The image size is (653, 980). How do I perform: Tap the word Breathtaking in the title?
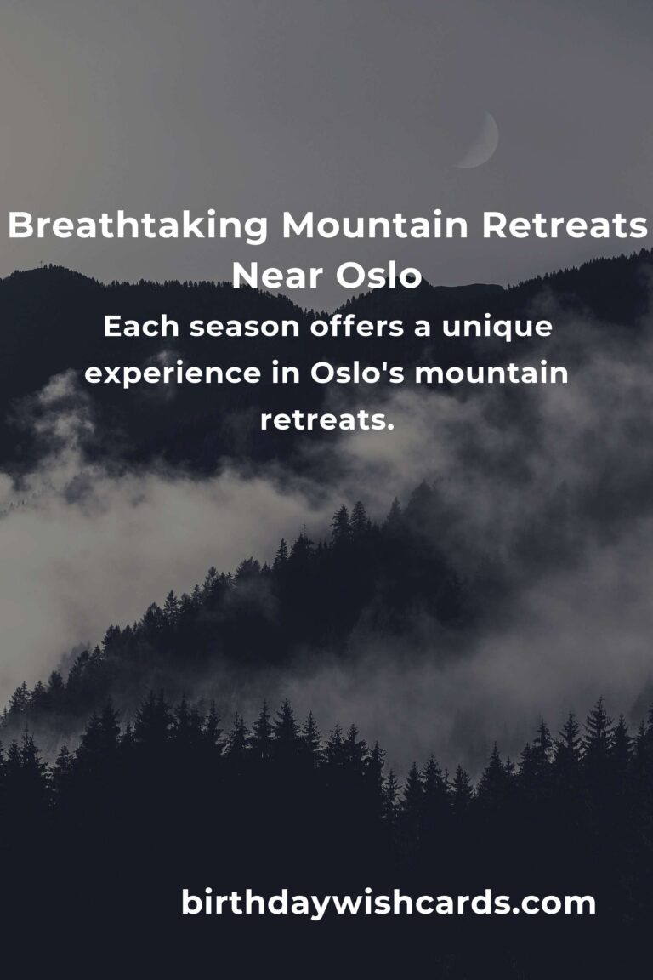(x=138, y=226)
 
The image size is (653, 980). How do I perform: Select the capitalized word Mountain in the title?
(x=375, y=225)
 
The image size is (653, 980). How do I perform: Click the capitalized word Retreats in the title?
(x=565, y=225)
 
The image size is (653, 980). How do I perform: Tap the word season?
(x=244, y=328)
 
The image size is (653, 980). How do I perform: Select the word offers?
(x=357, y=327)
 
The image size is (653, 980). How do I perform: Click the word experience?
(x=173, y=374)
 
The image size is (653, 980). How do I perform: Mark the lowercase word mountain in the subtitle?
(x=491, y=373)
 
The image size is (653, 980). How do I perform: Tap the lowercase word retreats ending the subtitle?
(x=327, y=420)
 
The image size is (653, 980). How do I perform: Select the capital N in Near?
(x=244, y=276)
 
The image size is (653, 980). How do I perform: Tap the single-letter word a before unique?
(x=423, y=328)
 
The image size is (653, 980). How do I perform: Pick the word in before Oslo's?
(x=285, y=373)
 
